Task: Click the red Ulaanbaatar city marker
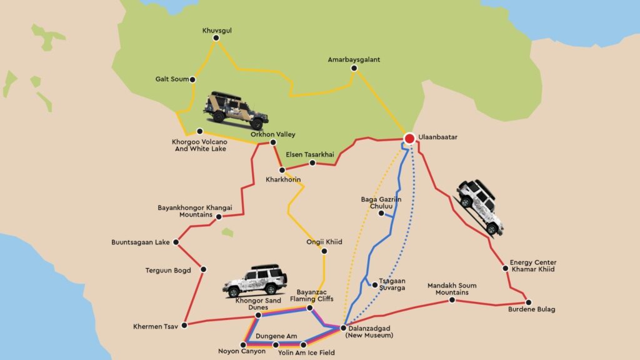(409, 139)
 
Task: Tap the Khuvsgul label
(216, 29)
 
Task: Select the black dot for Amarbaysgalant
(354, 69)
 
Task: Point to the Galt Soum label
(171, 79)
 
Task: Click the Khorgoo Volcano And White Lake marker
(199, 131)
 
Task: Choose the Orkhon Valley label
(272, 134)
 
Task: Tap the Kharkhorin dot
(282, 170)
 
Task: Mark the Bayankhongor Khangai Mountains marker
(220, 216)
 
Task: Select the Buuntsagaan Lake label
(141, 242)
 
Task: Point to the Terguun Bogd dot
(204, 269)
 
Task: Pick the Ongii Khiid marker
(324, 251)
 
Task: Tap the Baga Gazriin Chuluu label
(381, 203)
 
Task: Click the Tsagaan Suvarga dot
(375, 285)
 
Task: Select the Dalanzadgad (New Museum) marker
(343, 327)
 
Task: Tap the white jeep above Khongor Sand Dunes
(256, 281)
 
